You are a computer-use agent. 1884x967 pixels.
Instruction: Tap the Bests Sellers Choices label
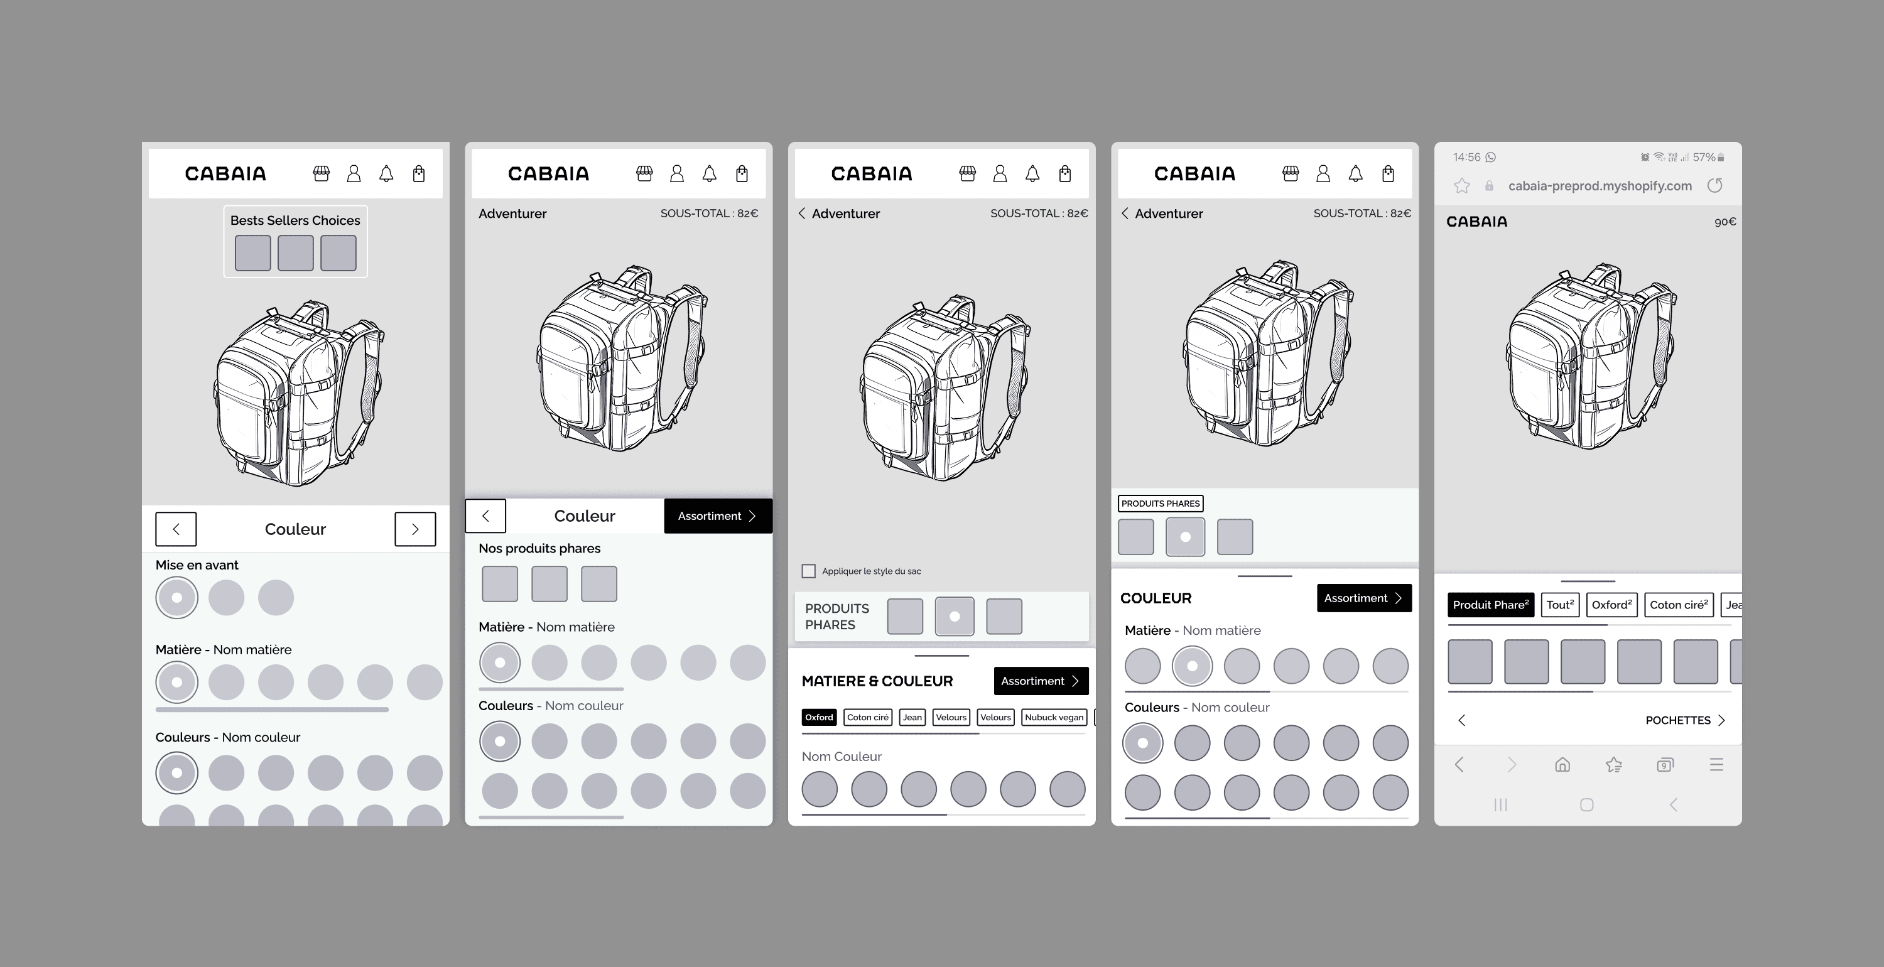pos(295,220)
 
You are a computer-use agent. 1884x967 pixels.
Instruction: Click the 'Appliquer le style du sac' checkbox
pos(808,571)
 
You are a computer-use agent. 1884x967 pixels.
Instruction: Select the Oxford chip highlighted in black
pos(819,718)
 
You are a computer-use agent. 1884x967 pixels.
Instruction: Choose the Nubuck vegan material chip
pos(1054,718)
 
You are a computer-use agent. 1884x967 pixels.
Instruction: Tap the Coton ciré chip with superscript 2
pos(1679,605)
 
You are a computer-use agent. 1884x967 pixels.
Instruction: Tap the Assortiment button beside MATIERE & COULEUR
pos(1041,681)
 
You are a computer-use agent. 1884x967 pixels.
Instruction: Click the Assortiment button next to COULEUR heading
pos(1364,598)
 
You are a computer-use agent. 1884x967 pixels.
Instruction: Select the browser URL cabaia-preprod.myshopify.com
pos(1600,186)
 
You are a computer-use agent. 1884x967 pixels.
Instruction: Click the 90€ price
pos(1724,222)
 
